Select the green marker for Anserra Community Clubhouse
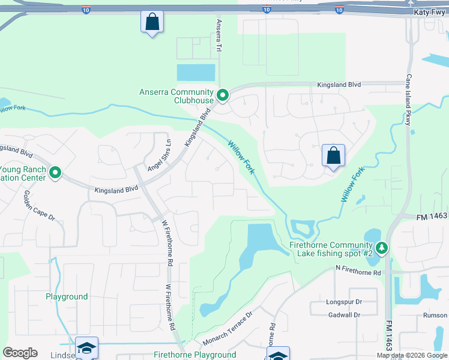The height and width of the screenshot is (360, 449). [222, 95]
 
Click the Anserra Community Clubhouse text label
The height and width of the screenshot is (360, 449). [176, 97]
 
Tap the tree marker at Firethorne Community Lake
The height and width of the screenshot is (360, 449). [381, 247]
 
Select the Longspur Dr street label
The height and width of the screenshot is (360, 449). [344, 302]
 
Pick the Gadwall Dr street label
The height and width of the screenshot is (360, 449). [344, 314]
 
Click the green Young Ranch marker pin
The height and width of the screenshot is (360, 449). [55, 173]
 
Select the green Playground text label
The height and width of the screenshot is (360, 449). [67, 296]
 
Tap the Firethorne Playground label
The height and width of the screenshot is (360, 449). [195, 355]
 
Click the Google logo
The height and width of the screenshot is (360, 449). [20, 353]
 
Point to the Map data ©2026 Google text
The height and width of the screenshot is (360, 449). [412, 355]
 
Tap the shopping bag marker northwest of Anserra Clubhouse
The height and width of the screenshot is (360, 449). [152, 23]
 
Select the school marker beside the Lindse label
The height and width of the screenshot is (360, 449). [86, 347]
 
